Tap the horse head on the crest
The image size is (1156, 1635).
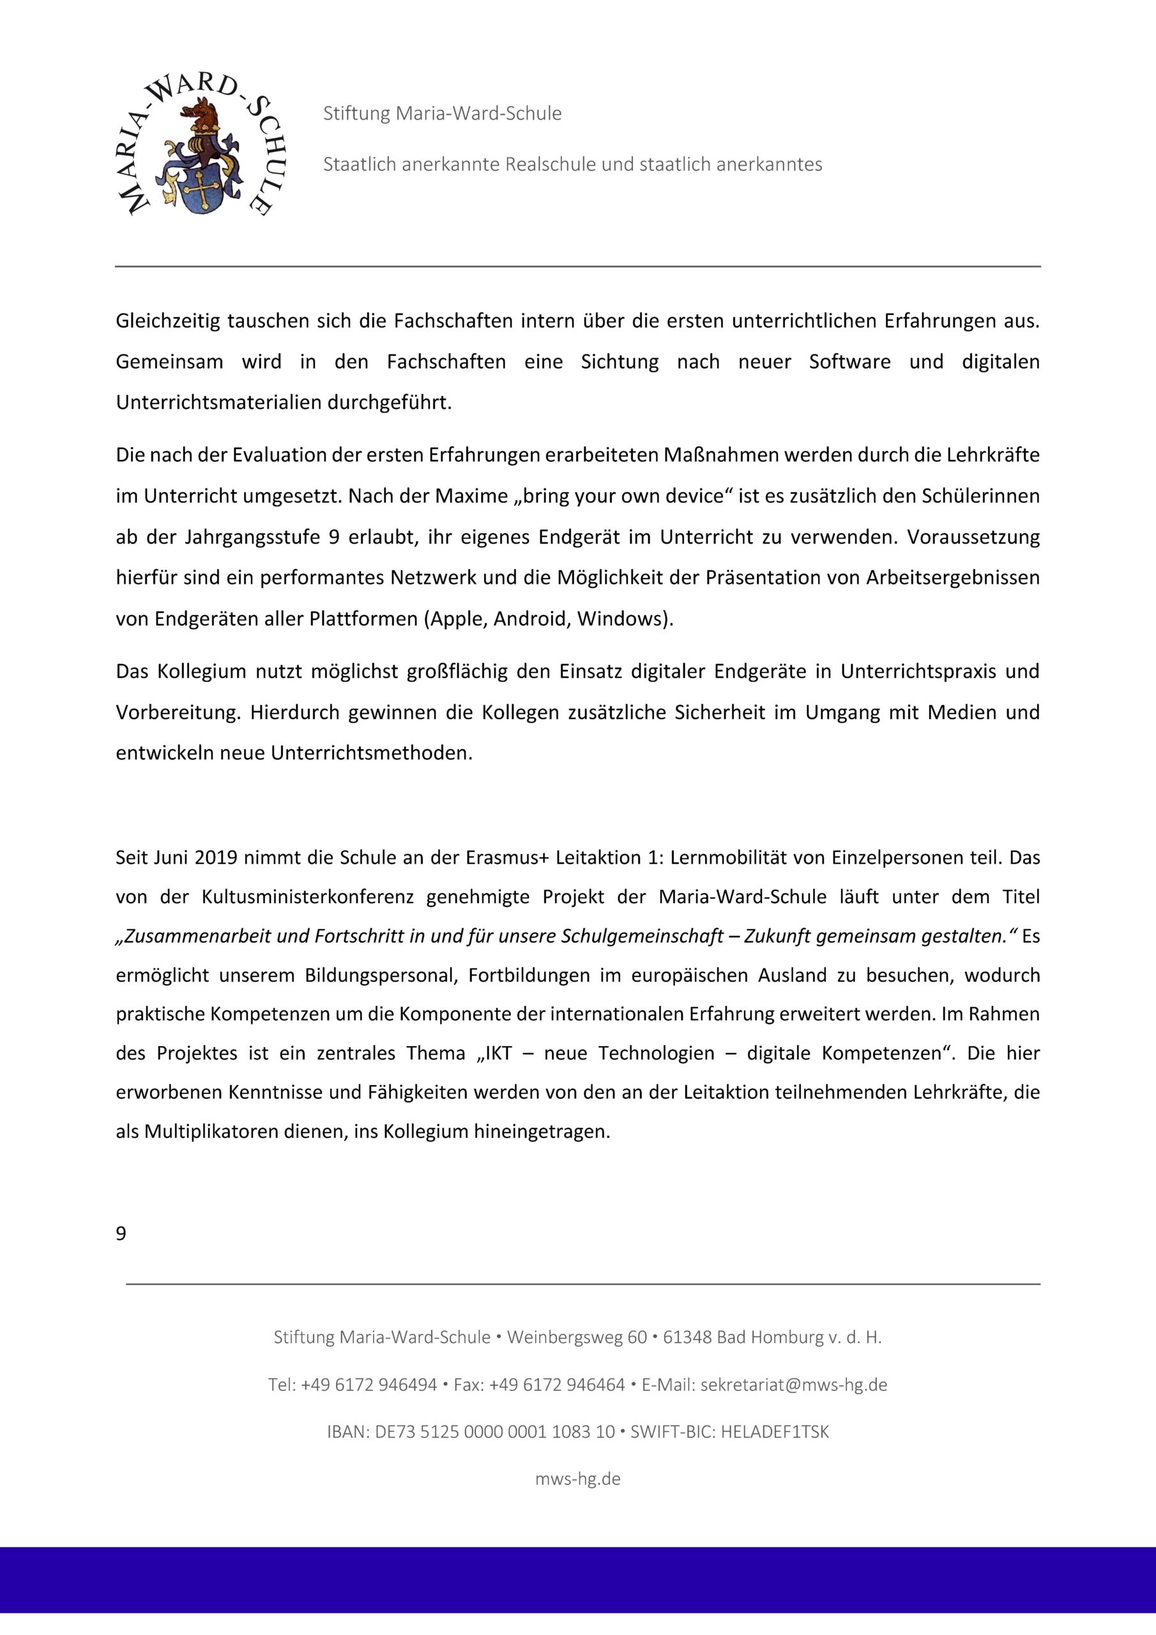(199, 112)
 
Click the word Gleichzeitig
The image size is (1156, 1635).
(168, 321)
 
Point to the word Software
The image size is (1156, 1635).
(849, 361)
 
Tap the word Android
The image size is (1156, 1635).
(531, 619)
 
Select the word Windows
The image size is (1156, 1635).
(620, 619)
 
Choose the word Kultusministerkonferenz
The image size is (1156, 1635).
(308, 897)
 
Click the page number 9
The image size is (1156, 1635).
(121, 1233)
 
